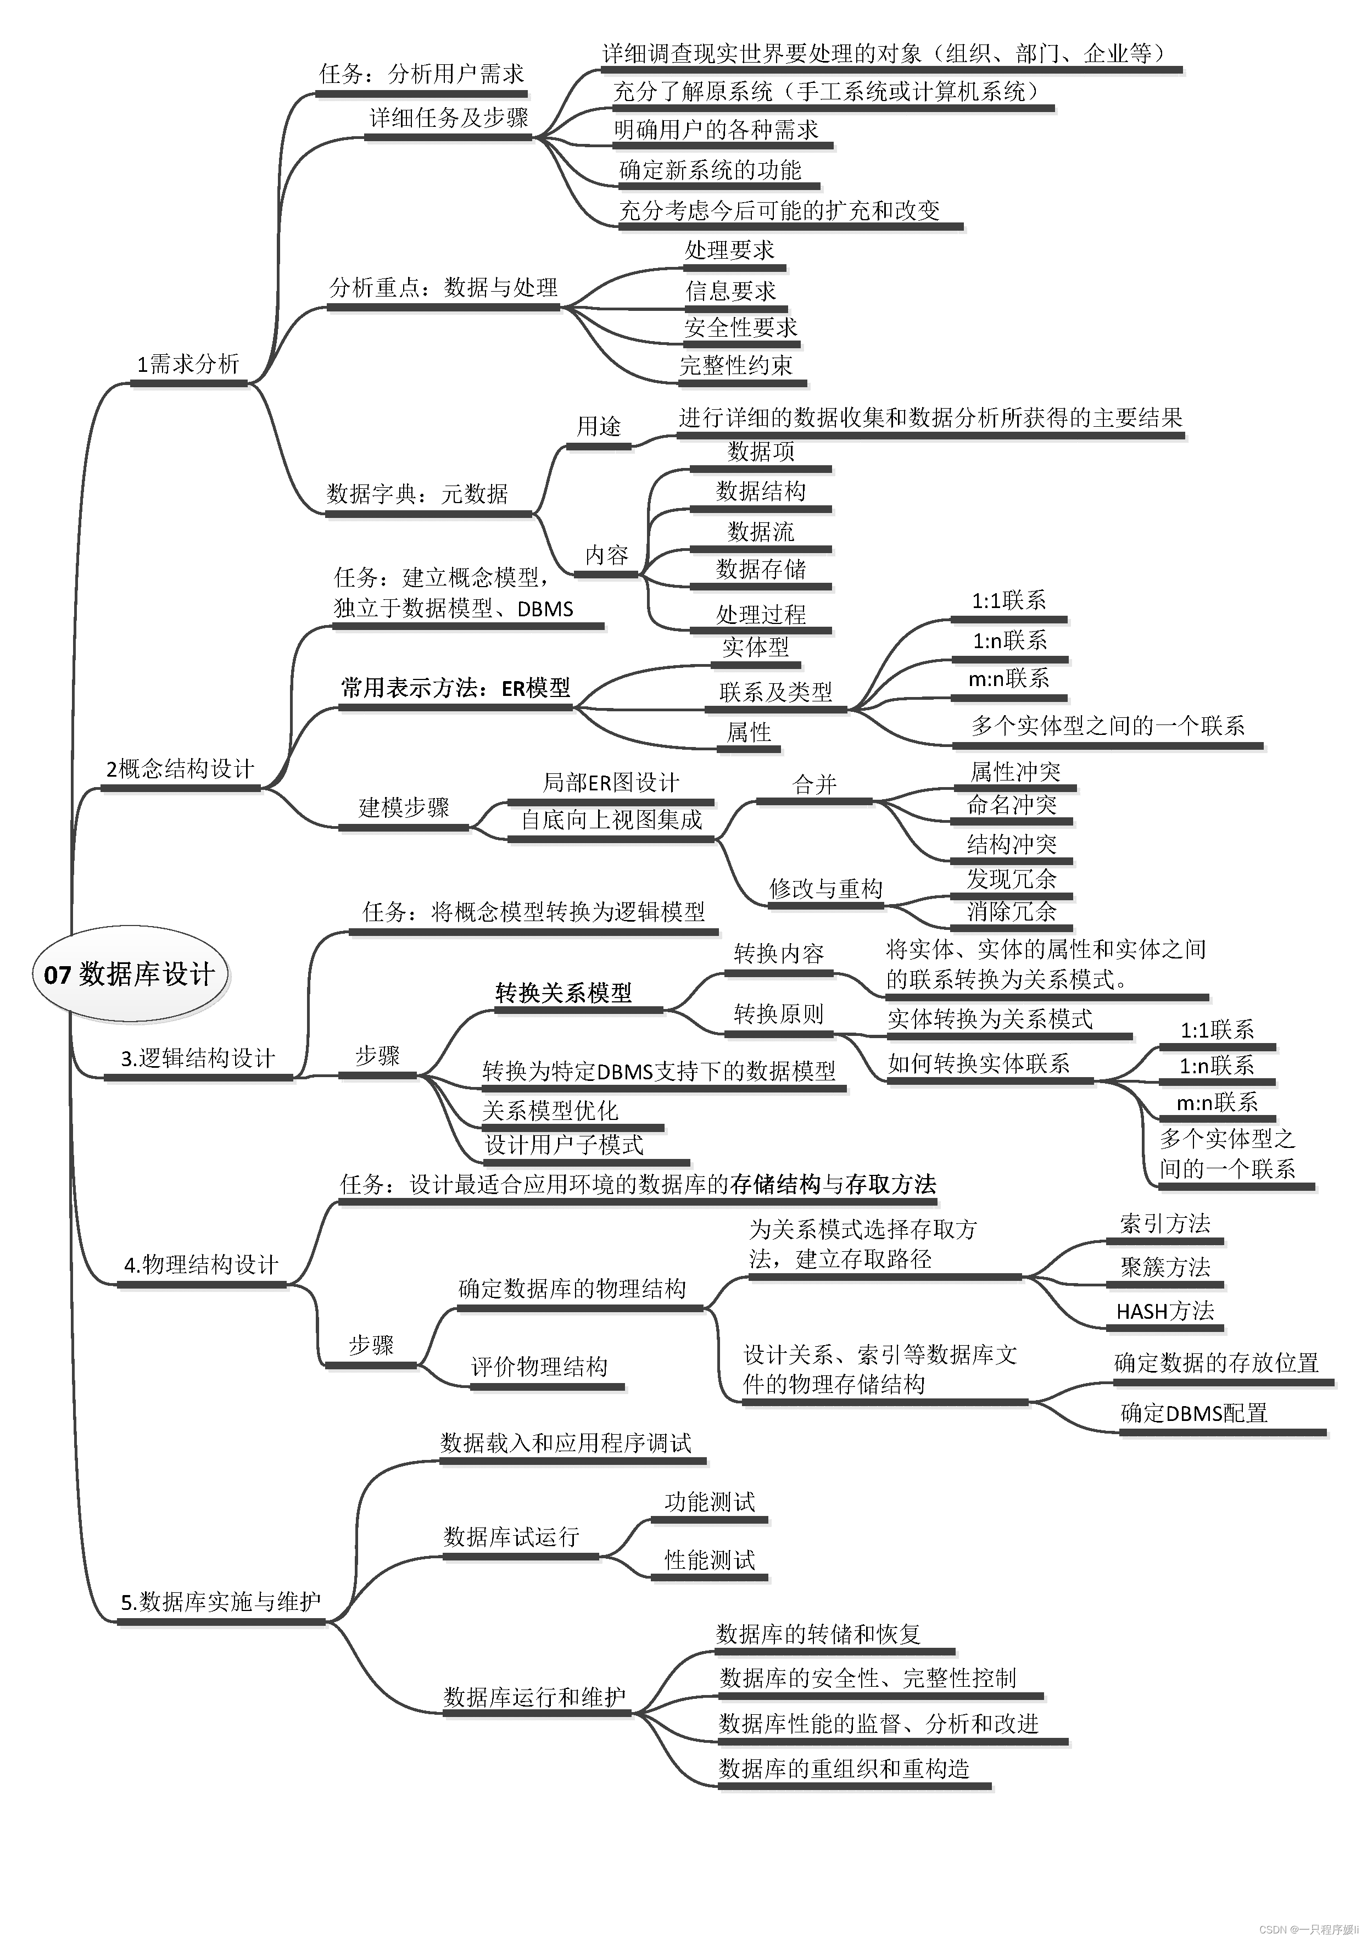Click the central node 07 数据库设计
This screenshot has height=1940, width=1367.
click(x=129, y=974)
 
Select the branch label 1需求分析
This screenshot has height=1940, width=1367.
click(x=188, y=364)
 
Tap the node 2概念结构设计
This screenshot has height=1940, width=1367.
click(x=180, y=769)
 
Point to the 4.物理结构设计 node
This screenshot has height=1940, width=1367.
click(x=201, y=1265)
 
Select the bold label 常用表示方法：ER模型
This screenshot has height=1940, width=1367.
click(x=455, y=688)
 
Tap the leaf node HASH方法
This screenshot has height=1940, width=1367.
click(x=1165, y=1311)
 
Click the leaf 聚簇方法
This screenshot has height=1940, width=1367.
click(x=1165, y=1267)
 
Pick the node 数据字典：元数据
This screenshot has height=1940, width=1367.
click(x=417, y=493)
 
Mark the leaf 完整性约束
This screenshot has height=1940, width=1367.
click(x=736, y=365)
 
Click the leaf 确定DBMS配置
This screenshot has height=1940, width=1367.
click(x=1194, y=1413)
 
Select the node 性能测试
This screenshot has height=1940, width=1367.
click(x=710, y=1560)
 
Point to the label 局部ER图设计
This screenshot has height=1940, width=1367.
click(x=610, y=782)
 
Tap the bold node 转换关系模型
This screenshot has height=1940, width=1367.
click(x=563, y=993)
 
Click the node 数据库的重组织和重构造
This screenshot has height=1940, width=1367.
click(x=844, y=1769)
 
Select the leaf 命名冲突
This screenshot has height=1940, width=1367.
click(x=1011, y=804)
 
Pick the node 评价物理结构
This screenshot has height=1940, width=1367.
click(x=539, y=1366)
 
